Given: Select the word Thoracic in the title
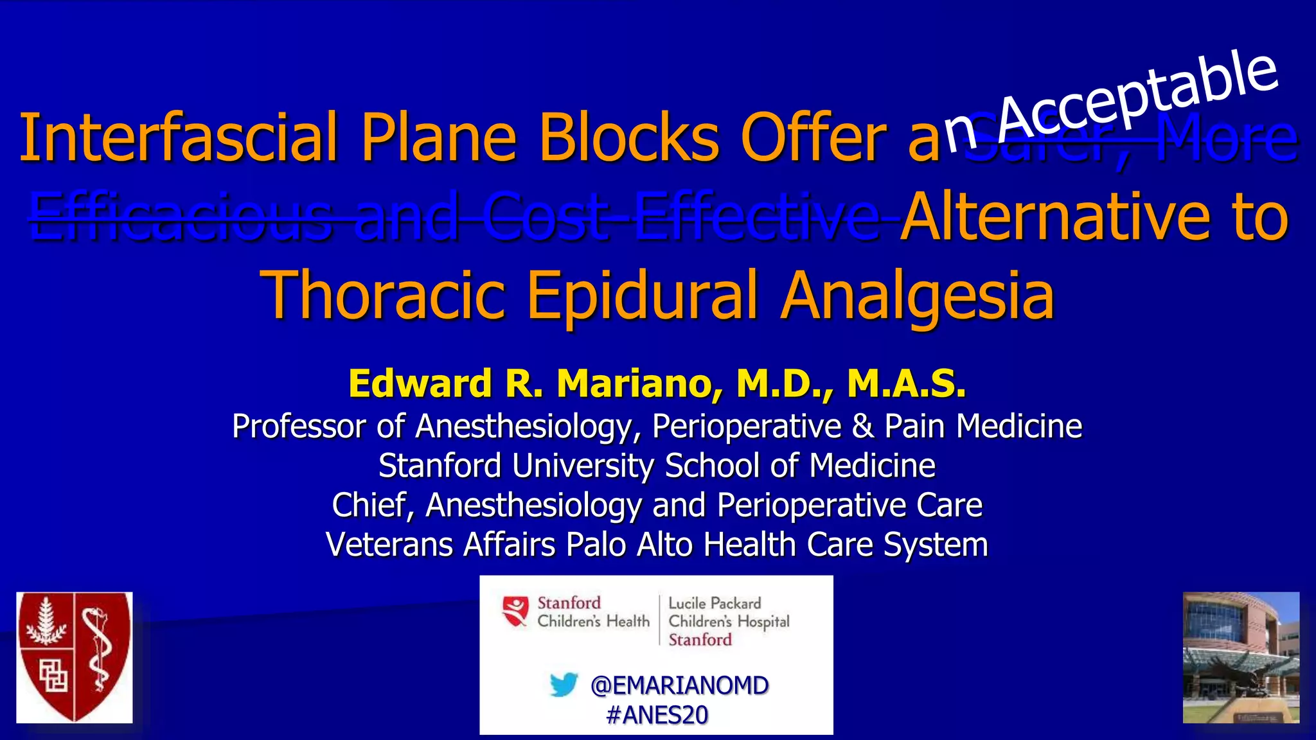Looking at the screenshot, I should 383,295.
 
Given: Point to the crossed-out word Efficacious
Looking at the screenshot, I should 181,217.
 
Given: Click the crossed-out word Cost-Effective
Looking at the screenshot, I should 681,217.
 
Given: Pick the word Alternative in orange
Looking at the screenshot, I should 1054,217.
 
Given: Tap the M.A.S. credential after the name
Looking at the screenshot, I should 906,383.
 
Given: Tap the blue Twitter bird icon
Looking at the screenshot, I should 564,685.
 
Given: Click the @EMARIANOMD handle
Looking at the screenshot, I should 679,685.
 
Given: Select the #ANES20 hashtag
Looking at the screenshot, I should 657,715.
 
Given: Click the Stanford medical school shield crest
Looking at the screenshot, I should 75,657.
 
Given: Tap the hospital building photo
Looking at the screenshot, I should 1241,657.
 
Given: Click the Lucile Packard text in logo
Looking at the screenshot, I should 715,603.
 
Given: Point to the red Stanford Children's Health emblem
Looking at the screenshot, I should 515,610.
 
